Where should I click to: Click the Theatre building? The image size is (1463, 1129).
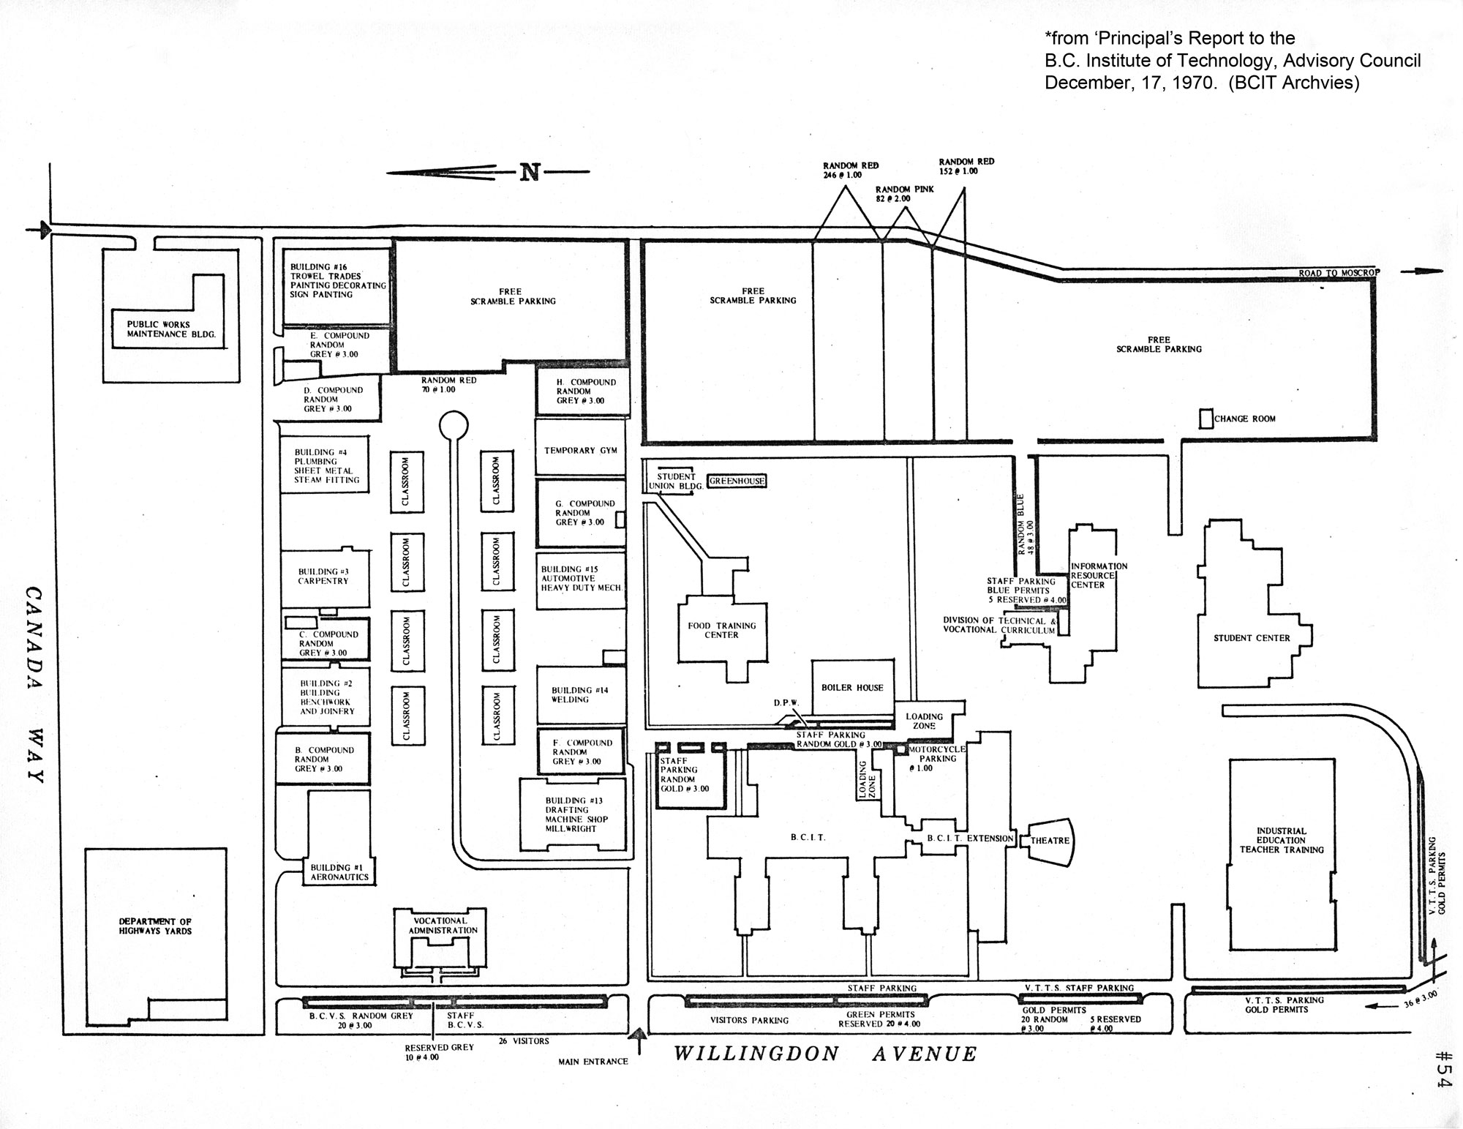tap(1050, 841)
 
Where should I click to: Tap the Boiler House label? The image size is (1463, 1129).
tap(852, 688)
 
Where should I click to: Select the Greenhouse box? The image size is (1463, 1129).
tap(737, 481)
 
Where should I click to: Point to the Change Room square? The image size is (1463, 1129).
tap(1206, 419)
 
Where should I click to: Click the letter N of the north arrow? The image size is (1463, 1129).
tap(530, 173)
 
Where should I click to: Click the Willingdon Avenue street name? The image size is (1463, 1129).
tap(825, 1054)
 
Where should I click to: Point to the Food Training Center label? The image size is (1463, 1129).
tap(721, 630)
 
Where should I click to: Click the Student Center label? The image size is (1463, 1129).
tap(1252, 638)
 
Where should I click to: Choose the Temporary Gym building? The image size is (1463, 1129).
tap(581, 450)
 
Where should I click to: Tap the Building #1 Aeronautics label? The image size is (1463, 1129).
tap(339, 872)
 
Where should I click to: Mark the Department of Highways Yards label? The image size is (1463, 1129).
tap(155, 926)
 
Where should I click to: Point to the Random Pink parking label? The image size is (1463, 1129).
tap(905, 194)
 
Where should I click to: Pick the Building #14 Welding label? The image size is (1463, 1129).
tap(570, 694)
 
